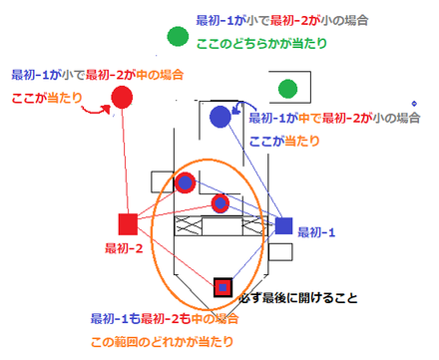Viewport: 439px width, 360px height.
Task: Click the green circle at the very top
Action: point(178,38)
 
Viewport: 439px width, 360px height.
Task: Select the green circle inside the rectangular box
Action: point(288,89)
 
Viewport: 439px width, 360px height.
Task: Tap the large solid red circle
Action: point(123,97)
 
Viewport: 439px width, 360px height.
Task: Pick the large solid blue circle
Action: point(220,117)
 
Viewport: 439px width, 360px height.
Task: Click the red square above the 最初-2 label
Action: point(128,222)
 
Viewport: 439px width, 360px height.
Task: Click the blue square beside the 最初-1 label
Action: point(283,225)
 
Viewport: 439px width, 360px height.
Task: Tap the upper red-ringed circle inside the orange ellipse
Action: point(185,182)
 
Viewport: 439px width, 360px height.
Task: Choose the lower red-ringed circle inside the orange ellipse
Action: point(220,204)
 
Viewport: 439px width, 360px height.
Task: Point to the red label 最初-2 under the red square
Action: point(125,247)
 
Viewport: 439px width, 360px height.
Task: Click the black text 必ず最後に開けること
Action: point(299,297)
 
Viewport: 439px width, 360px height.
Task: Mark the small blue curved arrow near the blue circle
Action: point(236,108)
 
